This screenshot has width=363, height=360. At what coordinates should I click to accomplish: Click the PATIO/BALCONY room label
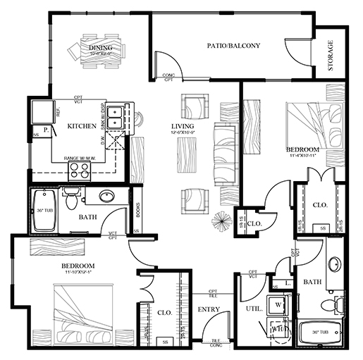tap(233, 46)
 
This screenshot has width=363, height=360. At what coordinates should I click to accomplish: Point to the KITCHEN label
tap(81, 126)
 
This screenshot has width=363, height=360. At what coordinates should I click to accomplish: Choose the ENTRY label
tap(209, 309)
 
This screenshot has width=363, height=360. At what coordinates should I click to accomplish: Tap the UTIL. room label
tap(254, 309)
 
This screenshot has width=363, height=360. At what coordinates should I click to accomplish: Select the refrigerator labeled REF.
tap(38, 111)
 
